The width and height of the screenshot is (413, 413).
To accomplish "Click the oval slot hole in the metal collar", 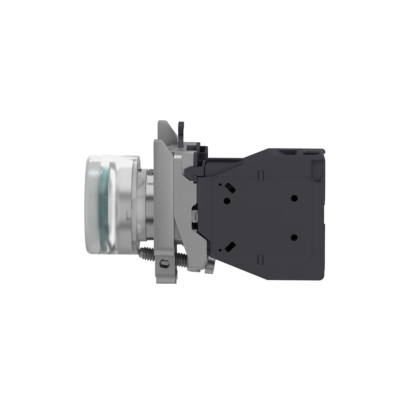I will (x=164, y=263).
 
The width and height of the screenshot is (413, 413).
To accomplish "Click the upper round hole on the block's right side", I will (x=294, y=198).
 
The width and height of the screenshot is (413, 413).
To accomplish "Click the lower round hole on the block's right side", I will (x=294, y=237).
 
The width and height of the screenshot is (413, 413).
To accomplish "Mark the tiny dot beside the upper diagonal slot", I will (x=220, y=184).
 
